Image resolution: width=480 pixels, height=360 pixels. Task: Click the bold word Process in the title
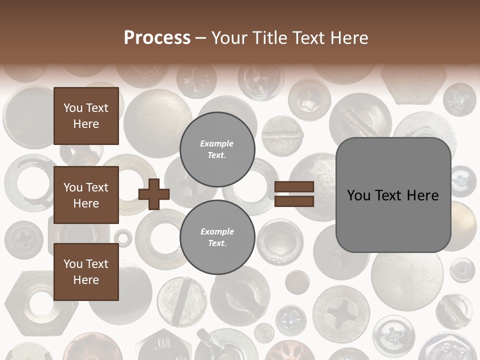pos(157,37)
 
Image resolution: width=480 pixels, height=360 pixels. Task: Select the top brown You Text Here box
pos(86,116)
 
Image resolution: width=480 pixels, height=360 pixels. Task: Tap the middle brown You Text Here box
pos(86,195)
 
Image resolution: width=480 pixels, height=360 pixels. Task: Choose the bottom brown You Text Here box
pos(86,272)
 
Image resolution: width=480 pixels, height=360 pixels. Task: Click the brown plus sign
pos(153,194)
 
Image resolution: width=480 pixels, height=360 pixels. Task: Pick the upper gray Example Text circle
pos(217,149)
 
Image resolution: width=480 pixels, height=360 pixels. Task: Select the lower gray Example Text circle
pos(217,237)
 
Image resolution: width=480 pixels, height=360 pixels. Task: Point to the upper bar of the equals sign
pos(294,187)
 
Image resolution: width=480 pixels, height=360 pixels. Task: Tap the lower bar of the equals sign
pos(294,201)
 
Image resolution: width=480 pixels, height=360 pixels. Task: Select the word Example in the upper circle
pos(217,143)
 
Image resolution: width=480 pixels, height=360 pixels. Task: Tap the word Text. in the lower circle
pos(217,243)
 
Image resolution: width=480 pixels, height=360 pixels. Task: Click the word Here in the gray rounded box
pos(422,195)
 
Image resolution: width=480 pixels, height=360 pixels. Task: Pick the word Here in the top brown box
pos(86,124)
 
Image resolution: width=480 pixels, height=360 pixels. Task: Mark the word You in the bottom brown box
pos(73,264)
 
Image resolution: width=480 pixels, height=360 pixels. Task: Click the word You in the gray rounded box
pos(359,195)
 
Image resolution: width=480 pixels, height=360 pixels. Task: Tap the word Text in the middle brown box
pos(96,187)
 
